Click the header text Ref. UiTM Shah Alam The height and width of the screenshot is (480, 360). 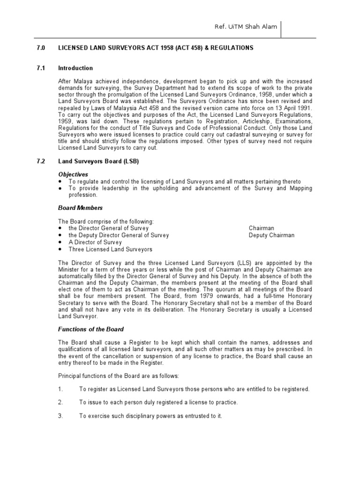coord(245,27)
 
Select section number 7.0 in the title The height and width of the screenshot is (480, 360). coord(41,48)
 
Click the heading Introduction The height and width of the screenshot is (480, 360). coord(75,68)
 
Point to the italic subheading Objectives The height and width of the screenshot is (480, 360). coord(73,174)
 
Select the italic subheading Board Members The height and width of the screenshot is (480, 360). coord(80,208)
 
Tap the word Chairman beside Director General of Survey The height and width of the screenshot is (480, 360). coord(262,228)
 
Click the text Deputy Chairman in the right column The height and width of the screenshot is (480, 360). coord(271,235)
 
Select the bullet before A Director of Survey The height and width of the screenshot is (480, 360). coord(60,242)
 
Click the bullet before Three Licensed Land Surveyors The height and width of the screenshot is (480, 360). coord(60,249)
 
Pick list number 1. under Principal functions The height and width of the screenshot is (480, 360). coord(60,389)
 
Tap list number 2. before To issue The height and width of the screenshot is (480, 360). coord(60,402)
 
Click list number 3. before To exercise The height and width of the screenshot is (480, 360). coord(60,415)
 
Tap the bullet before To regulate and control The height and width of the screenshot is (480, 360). coord(60,181)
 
